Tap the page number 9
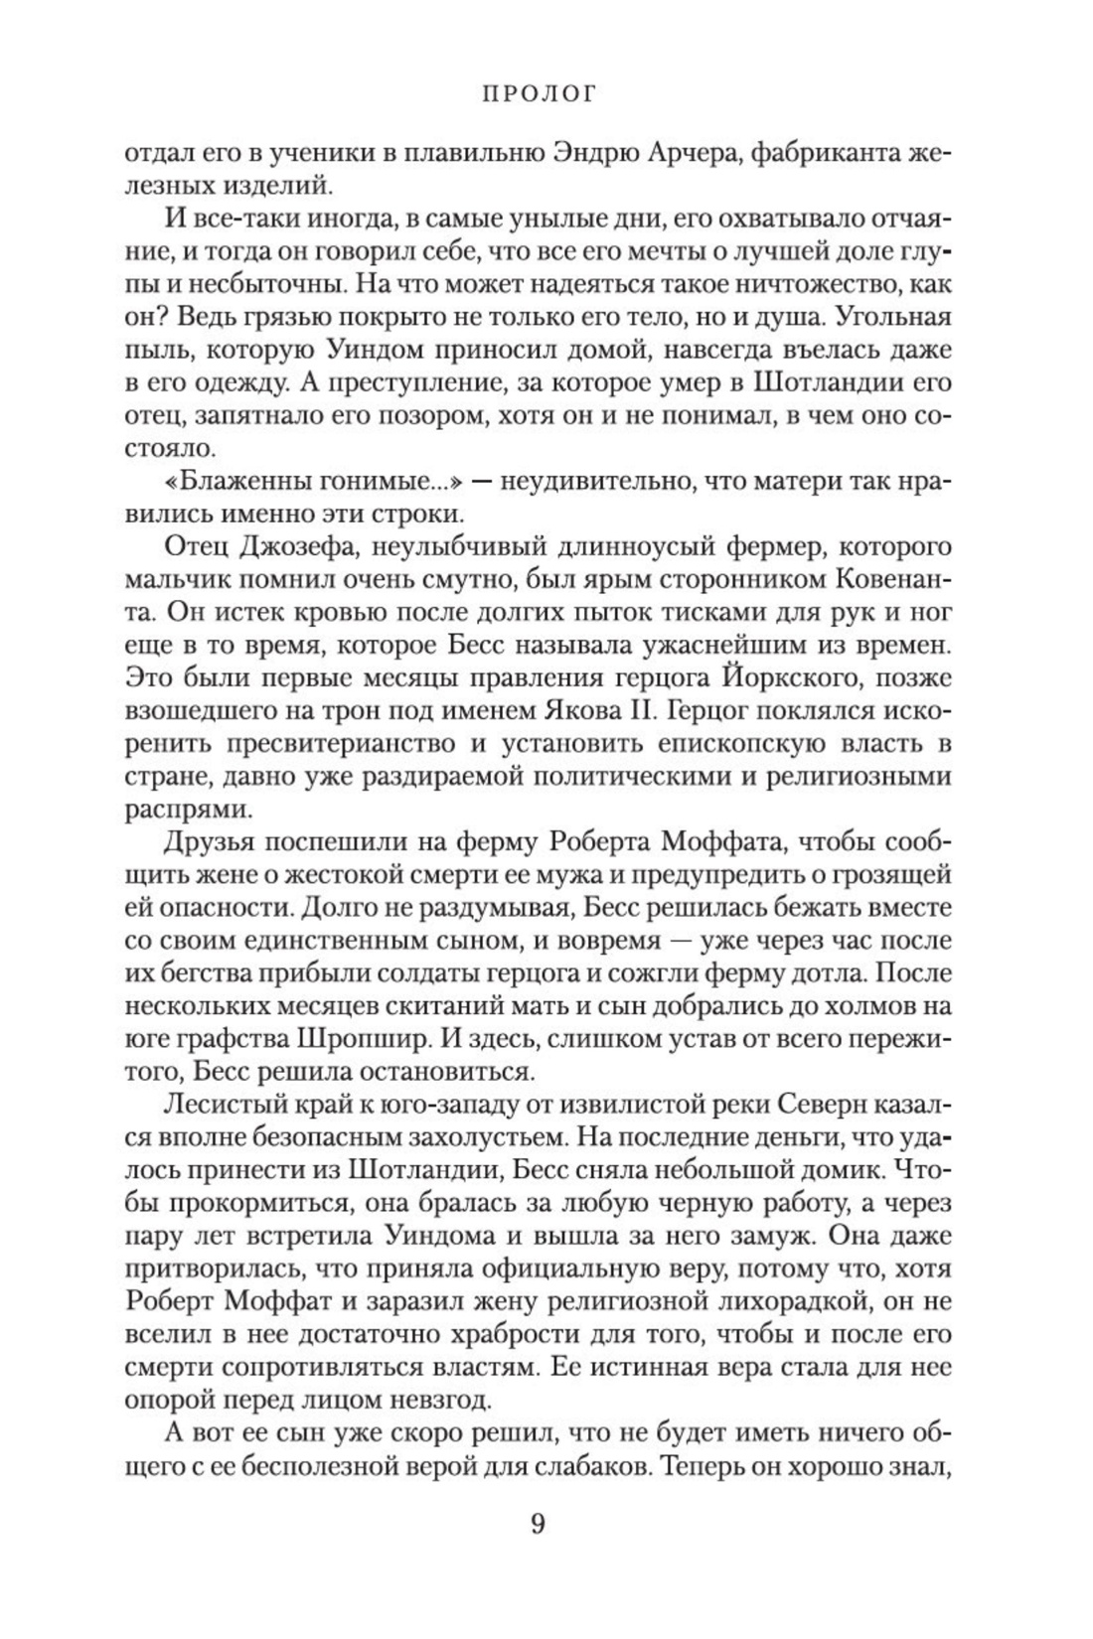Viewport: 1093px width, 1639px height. tap(538, 1524)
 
